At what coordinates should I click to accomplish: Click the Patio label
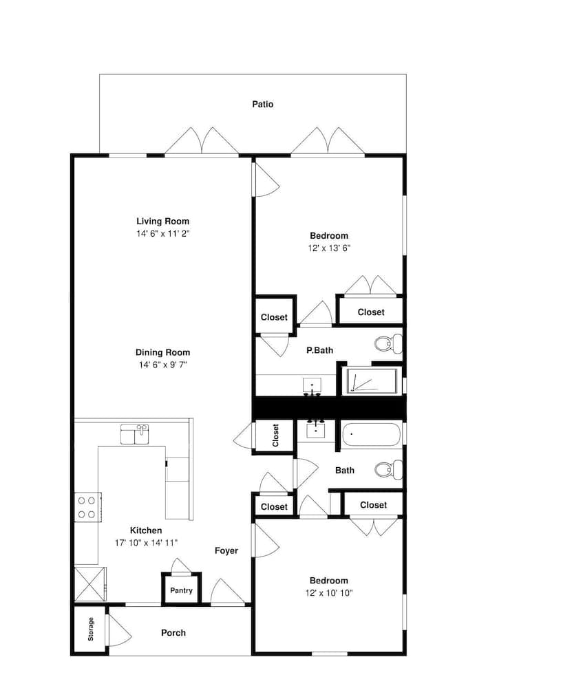pos(262,104)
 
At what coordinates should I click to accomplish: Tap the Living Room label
pos(163,221)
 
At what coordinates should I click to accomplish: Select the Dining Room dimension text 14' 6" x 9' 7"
pos(163,365)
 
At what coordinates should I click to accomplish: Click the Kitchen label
pos(146,530)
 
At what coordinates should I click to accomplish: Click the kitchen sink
pos(135,434)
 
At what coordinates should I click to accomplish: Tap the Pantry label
pos(181,590)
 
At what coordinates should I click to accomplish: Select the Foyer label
pos(226,550)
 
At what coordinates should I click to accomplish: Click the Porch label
pos(173,633)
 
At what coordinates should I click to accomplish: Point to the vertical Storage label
pos(91,629)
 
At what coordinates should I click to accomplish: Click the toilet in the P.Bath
pos(388,343)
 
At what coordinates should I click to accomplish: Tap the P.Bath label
pos(319,350)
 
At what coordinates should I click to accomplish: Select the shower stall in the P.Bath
pos(372,381)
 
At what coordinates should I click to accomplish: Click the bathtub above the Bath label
pos(372,434)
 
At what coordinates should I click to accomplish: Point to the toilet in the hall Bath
pos(388,469)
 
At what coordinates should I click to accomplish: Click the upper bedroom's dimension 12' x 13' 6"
pos(329,248)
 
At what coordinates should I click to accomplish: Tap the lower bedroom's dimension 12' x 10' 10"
pos(329,593)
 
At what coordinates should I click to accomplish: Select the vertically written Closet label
pos(275,435)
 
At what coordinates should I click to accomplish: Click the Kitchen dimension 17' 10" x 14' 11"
pos(146,543)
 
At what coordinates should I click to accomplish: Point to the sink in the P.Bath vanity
pos(312,386)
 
